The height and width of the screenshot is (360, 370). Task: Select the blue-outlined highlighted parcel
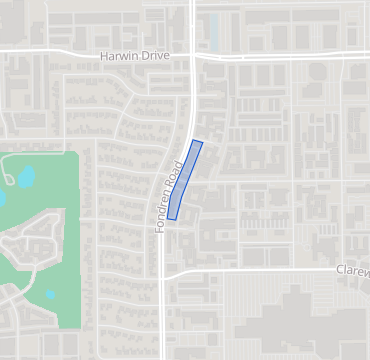[185, 180]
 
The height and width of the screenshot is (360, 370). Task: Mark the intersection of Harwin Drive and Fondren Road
[191, 54]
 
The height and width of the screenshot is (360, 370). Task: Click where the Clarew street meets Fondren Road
[164, 272]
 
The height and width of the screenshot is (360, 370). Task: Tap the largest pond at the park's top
[26, 178]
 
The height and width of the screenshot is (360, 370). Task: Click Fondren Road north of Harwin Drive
[192, 22]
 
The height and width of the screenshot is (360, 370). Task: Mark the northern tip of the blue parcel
[199, 142]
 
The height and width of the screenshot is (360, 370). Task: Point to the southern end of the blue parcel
[172, 217]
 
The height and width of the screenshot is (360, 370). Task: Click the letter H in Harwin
[103, 57]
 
